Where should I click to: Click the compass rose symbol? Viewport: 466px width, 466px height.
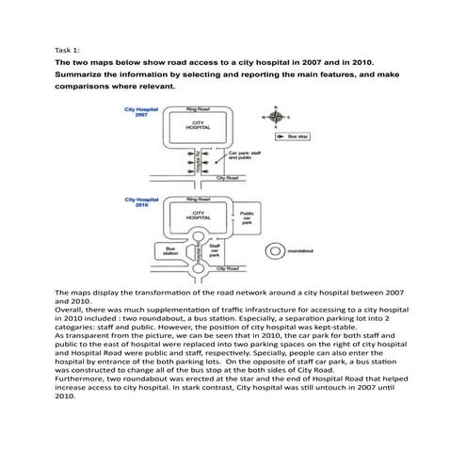click(275, 117)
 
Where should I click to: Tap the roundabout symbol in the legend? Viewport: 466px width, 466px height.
click(274, 250)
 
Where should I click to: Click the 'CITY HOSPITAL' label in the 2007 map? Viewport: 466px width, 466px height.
click(199, 124)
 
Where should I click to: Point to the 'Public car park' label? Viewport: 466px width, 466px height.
click(247, 218)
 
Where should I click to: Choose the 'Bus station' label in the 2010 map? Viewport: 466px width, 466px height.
click(170, 251)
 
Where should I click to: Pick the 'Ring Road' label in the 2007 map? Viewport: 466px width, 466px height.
click(198, 109)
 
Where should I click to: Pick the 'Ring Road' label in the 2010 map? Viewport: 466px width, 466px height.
click(198, 200)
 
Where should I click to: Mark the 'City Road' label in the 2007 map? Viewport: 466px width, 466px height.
click(227, 177)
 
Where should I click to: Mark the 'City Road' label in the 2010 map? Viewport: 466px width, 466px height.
click(227, 269)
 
